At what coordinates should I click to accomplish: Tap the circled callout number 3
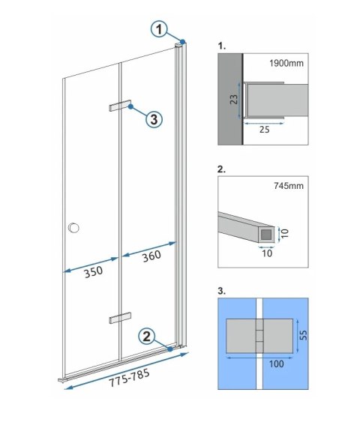click(152, 118)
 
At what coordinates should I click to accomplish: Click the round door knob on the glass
click(73, 228)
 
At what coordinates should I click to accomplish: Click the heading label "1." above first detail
click(221, 45)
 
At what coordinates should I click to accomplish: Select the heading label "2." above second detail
click(221, 169)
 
